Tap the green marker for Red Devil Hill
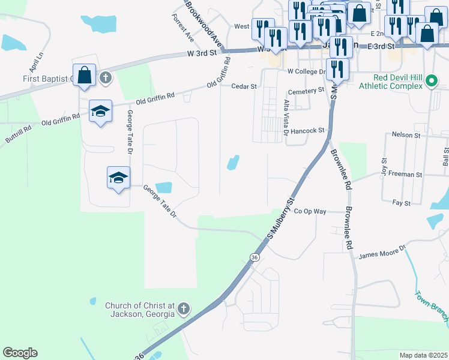click(x=430, y=81)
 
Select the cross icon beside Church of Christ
click(x=184, y=310)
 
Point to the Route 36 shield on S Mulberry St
click(x=255, y=257)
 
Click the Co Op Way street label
click(x=310, y=211)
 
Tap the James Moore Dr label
click(x=382, y=251)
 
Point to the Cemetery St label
click(x=306, y=91)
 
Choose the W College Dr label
click(x=306, y=71)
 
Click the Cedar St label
click(x=244, y=86)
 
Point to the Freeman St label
click(x=406, y=175)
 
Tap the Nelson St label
click(x=406, y=135)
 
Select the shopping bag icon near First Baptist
click(x=85, y=76)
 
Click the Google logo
click(x=20, y=352)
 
